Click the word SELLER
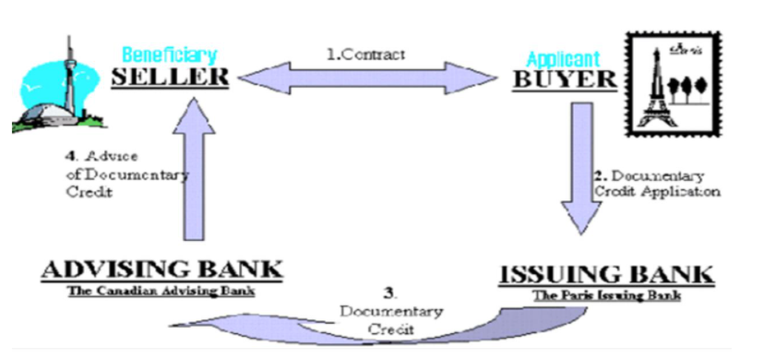(170, 77)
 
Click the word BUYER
(564, 78)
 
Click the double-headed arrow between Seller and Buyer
(369, 77)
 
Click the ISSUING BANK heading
(606, 274)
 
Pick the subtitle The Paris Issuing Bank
(606, 295)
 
